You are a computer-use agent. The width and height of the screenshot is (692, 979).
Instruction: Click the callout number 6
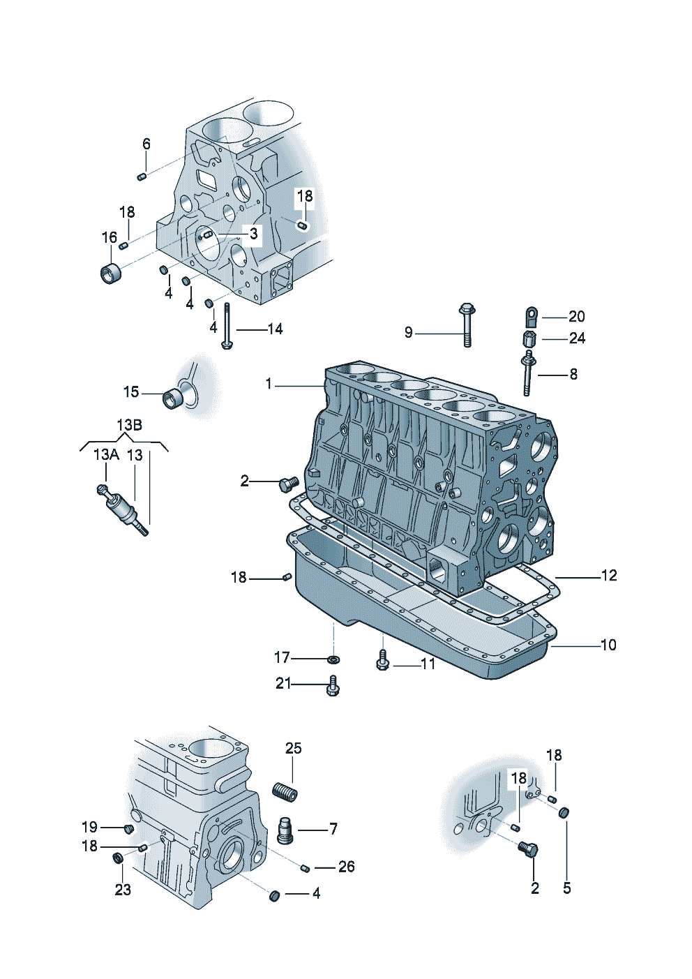(x=146, y=144)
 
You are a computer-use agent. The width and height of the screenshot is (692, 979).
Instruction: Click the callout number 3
(x=253, y=233)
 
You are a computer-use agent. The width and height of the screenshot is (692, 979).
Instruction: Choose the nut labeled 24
(x=529, y=339)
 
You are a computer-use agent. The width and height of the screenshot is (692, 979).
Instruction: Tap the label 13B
(x=129, y=424)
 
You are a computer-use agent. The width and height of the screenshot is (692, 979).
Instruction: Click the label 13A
(x=105, y=454)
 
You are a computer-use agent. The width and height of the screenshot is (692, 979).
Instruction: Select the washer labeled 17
(x=334, y=659)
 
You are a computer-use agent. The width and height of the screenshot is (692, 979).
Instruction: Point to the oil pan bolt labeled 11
(x=382, y=660)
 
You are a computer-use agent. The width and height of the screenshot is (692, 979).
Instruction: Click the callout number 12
(x=608, y=575)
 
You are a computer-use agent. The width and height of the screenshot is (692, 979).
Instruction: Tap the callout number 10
(x=608, y=645)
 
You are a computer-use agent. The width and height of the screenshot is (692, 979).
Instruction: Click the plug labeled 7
(x=285, y=830)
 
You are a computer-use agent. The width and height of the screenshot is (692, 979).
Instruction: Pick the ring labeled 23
(x=119, y=857)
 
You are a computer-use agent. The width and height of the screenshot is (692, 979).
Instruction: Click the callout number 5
(x=566, y=888)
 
